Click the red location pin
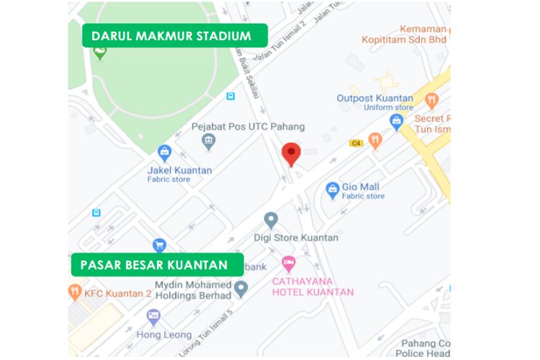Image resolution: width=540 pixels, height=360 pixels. pos(291,153)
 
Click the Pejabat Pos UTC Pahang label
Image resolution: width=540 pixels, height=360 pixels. pos(248,127)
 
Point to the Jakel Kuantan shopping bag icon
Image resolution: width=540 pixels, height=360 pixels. pos(165,153)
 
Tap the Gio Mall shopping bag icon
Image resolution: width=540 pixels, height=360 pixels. pos(332,190)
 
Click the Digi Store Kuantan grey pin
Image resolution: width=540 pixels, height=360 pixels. pos(271,219)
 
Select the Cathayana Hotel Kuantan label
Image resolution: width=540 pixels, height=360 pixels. pos(312,287)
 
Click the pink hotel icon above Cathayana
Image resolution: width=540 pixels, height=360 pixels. pos(289,262)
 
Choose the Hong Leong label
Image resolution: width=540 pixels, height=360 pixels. pos(163,335)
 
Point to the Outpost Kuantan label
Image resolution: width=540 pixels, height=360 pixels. pos(374,99)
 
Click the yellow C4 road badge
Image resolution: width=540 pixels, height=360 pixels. pos(355,143)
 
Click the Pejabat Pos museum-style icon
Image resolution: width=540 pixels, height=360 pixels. pos(209,140)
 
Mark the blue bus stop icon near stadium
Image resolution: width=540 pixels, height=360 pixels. pos(230,96)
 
